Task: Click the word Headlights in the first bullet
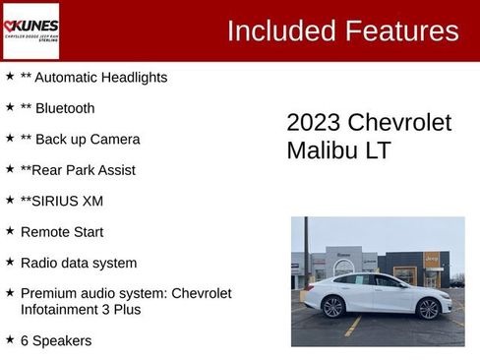pos(136,77)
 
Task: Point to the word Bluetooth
pos(65,108)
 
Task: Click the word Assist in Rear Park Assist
pos(115,170)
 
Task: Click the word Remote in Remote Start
pos(44,232)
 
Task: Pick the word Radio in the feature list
pos(39,263)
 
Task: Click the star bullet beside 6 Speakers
pos(10,339)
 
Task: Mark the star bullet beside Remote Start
pos(10,231)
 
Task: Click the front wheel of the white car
pos(332,306)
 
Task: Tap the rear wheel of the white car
pos(429,308)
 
